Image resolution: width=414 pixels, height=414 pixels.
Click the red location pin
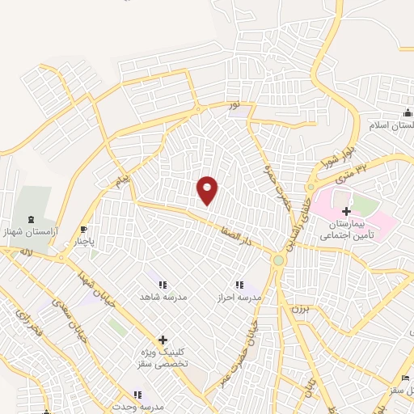[209, 190]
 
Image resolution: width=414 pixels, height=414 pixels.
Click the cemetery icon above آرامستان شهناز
[32, 219]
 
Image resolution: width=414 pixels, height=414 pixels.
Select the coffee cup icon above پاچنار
[83, 229]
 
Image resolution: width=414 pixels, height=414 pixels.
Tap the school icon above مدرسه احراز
[239, 285]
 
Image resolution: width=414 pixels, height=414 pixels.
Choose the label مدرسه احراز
[239, 298]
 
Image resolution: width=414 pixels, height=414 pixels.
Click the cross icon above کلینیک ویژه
[163, 340]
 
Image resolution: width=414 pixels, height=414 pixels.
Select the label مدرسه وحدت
[137, 407]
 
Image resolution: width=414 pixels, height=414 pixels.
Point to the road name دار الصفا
[239, 237]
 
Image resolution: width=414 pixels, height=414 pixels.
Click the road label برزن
[298, 308]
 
